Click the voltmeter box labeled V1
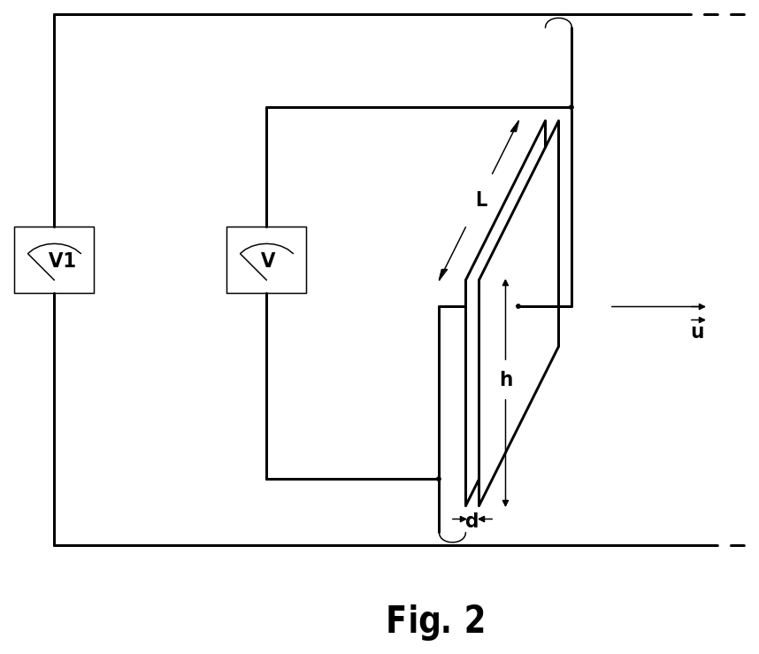pyautogui.click(x=54, y=260)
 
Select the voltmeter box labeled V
pyautogui.click(x=267, y=260)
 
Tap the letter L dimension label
pyautogui.click(x=481, y=199)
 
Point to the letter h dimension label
pyautogui.click(x=506, y=379)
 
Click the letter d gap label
pyautogui.click(x=472, y=521)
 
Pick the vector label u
pyautogui.click(x=698, y=328)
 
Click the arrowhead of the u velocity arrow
pyautogui.click(x=702, y=306)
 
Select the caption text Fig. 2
pyautogui.click(x=435, y=620)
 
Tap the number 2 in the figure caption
pyautogui.click(x=475, y=619)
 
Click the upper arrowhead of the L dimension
pyautogui.click(x=516, y=126)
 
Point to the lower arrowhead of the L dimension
pyautogui.click(x=442, y=274)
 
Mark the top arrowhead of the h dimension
pyautogui.click(x=505, y=282)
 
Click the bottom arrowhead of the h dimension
pyautogui.click(x=505, y=503)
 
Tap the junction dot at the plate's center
pyautogui.click(x=517, y=306)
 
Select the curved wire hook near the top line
pyautogui.click(x=558, y=23)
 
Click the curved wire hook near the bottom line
pyautogui.click(x=452, y=537)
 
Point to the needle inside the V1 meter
pyautogui.click(x=41, y=266)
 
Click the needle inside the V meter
pyautogui.click(x=253, y=266)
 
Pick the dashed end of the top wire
pyautogui.click(x=724, y=14)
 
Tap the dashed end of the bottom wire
pyautogui.click(x=737, y=545)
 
